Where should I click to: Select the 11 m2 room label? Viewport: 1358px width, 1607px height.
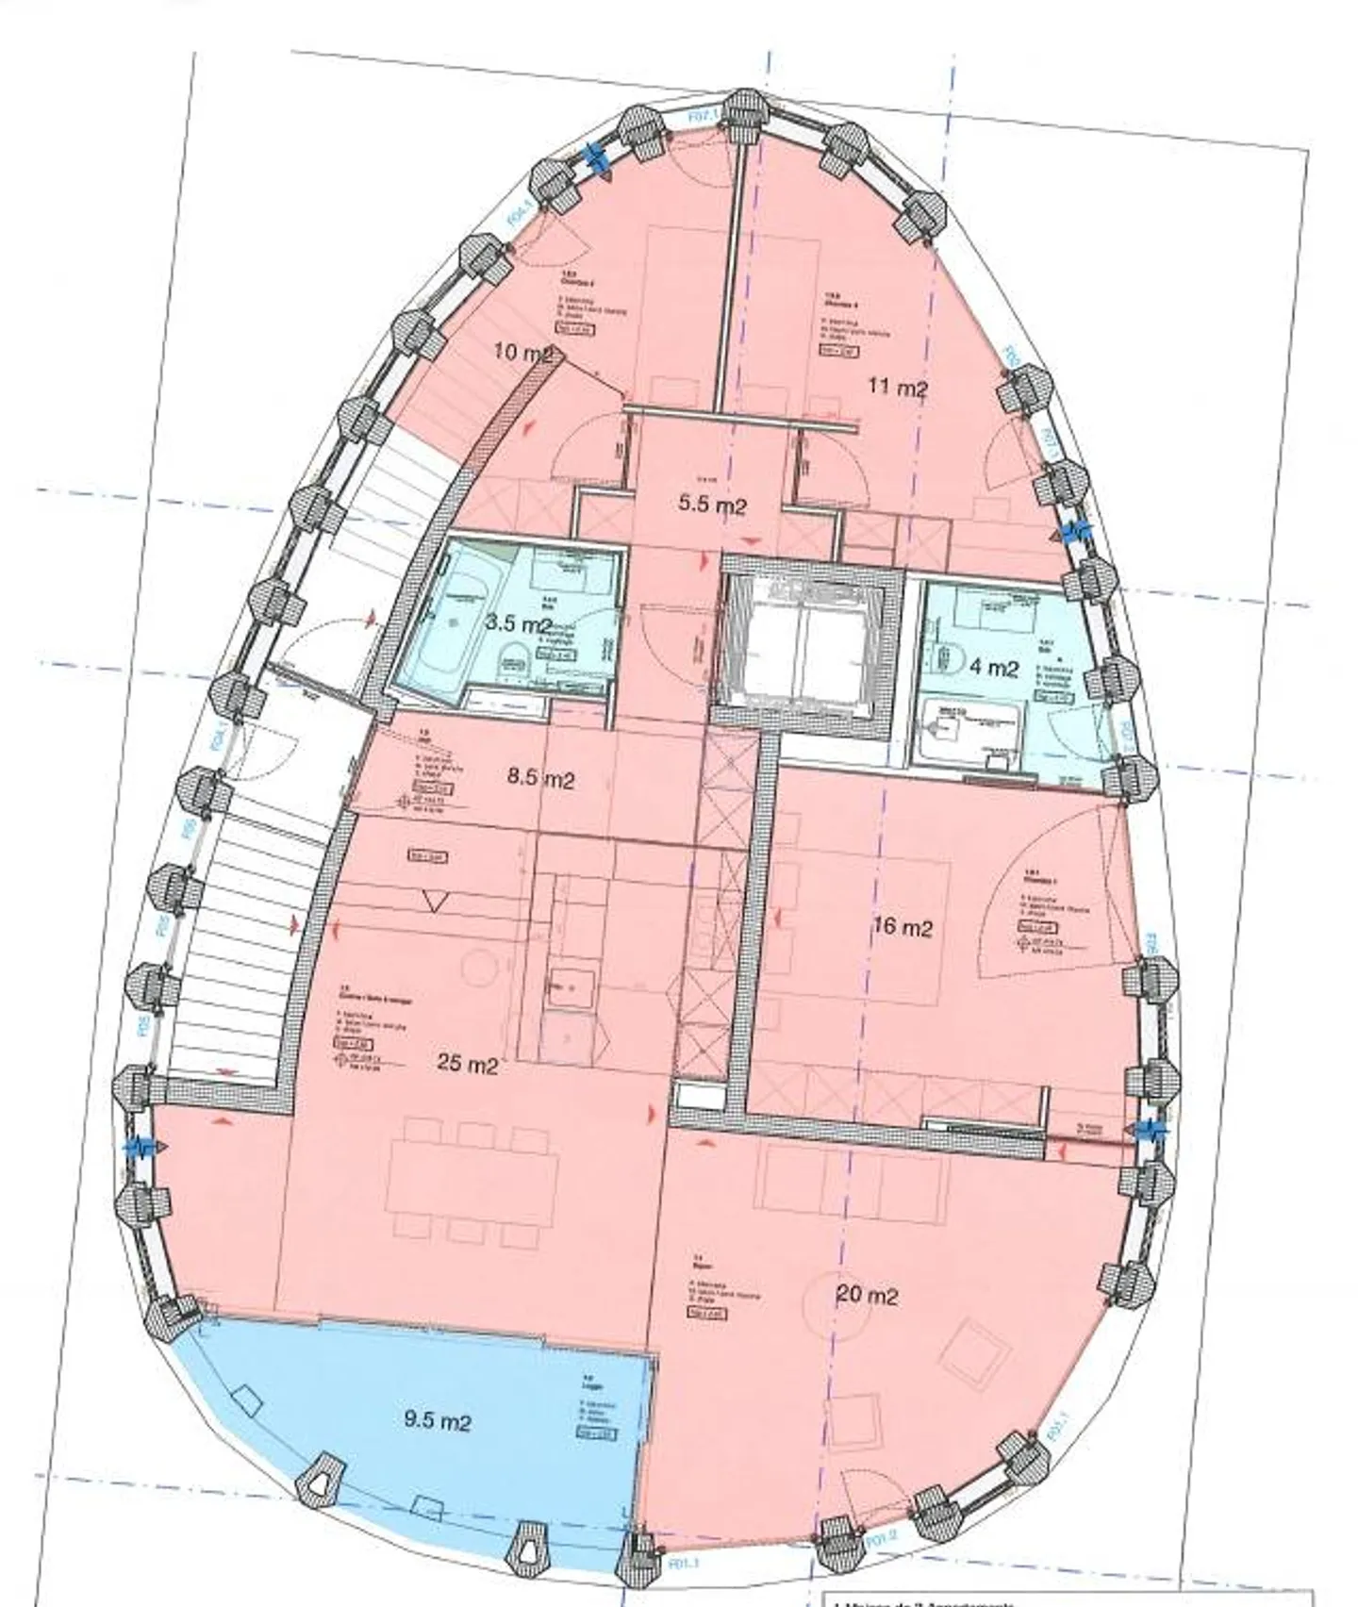click(x=898, y=388)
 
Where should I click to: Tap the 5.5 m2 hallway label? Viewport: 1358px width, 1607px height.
click(x=713, y=505)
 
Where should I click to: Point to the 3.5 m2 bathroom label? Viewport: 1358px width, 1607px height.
click(x=518, y=623)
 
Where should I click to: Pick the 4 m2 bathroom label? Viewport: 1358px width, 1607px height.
click(x=994, y=668)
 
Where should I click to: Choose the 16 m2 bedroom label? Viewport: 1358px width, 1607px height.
click(x=903, y=927)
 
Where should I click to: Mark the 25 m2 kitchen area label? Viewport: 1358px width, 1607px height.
click(x=468, y=1066)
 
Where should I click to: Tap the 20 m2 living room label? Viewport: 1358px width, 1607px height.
click(x=868, y=1296)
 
